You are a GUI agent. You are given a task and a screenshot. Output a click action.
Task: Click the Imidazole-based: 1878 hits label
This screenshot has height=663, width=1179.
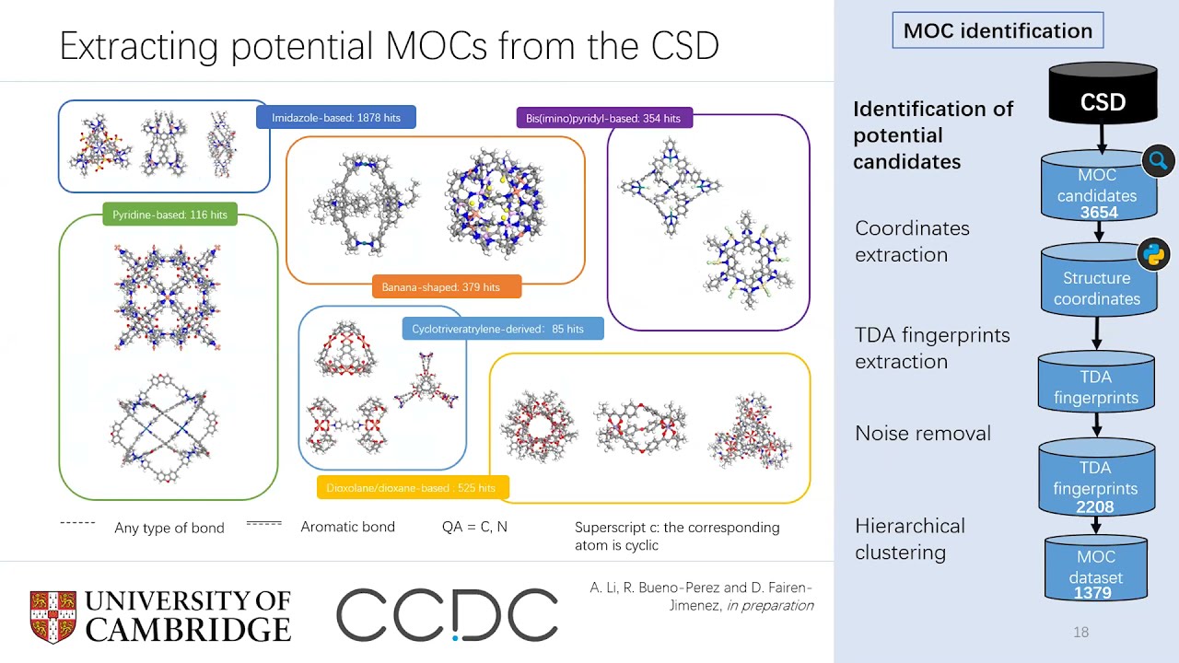pos(335,118)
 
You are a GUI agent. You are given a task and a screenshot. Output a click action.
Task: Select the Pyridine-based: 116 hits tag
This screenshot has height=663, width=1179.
pos(169,215)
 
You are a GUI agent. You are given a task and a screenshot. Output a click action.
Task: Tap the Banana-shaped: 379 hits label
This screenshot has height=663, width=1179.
pos(447,287)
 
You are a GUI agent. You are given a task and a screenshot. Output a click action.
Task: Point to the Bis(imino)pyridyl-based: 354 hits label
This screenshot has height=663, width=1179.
pos(603,118)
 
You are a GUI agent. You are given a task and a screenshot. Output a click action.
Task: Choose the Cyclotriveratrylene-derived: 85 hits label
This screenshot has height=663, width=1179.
pos(502,329)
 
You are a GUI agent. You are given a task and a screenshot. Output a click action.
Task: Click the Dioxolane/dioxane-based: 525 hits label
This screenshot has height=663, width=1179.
pos(412,488)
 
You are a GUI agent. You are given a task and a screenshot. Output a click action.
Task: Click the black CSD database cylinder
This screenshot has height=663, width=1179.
pos(1103,94)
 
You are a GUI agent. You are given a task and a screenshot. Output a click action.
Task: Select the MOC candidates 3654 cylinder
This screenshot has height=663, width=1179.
pos(1096,189)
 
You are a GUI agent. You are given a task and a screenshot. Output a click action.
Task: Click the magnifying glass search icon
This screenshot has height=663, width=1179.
pos(1158,161)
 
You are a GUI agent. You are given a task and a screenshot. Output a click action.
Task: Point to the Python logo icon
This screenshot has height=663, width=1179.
pos(1152,254)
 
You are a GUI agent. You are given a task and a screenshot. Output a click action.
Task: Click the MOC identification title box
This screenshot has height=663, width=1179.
pos(998,30)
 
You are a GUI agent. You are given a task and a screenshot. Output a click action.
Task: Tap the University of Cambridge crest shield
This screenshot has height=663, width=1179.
pos(53,616)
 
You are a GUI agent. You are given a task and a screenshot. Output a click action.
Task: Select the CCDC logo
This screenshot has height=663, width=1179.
pos(447,615)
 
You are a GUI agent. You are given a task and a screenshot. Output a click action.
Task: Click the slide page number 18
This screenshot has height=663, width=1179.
pos(1080,632)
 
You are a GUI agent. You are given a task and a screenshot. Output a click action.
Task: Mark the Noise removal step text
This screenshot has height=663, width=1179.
pos(922,433)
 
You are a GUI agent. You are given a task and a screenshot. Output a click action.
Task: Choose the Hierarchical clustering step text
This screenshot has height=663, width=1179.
pos(909,539)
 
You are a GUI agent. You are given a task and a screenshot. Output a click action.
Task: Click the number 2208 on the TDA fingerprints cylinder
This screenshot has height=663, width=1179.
pos(1095,506)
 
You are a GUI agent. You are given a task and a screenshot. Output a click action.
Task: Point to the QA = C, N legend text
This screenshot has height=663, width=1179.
pos(474,527)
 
